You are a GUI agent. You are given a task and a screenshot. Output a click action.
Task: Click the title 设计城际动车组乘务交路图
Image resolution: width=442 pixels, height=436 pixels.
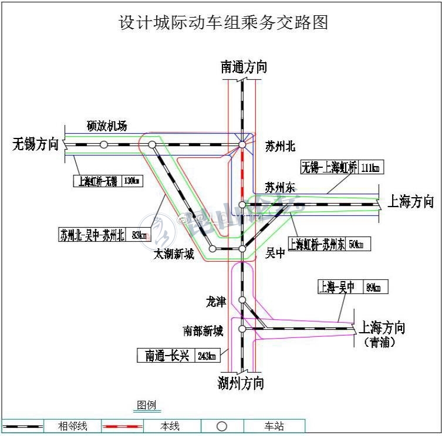[223, 22]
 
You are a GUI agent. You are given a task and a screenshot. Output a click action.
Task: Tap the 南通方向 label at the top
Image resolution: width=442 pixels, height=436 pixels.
[244, 67]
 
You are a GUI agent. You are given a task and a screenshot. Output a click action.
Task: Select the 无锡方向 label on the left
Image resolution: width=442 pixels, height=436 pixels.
[36, 144]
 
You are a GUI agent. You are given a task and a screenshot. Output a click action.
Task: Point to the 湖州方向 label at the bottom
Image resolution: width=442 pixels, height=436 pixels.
[241, 383]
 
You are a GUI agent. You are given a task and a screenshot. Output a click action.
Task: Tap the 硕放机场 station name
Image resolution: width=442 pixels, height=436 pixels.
[106, 126]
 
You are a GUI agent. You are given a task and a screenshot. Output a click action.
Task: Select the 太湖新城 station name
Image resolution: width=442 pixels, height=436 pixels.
[174, 254]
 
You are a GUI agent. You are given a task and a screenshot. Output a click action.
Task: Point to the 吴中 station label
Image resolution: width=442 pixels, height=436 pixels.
[275, 253]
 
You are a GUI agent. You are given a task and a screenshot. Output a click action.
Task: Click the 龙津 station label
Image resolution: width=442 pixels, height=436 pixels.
[215, 302]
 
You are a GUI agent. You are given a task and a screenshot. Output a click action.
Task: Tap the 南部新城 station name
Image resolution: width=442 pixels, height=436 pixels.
[203, 331]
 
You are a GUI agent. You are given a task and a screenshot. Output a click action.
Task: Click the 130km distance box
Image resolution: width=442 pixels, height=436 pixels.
[132, 180]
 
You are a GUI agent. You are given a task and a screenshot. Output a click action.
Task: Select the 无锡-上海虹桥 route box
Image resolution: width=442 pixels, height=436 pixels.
[329, 167]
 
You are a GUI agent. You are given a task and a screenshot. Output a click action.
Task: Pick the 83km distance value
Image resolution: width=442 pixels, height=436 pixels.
[138, 235]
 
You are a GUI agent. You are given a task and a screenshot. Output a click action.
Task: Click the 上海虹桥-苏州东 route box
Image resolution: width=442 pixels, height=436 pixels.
[316, 244]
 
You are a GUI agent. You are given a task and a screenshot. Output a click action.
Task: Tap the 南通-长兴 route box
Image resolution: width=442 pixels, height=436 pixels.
[167, 356]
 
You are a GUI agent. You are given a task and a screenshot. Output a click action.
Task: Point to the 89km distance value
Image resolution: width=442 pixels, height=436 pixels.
[373, 288]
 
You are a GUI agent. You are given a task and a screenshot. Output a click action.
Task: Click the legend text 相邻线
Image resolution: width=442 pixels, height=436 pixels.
[73, 426]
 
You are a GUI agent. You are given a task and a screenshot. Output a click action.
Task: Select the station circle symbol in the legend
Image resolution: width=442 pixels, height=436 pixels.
[221, 426]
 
